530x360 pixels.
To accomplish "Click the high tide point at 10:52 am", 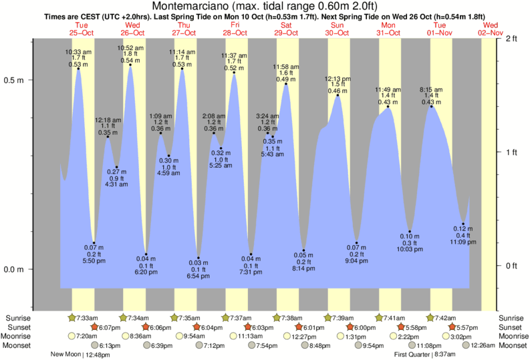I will (130, 65).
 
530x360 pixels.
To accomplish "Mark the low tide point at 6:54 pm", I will (198, 258).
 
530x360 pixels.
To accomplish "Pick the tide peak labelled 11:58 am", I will (286, 84).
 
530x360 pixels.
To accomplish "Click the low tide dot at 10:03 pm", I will (410, 232).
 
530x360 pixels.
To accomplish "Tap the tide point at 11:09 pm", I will (463, 224).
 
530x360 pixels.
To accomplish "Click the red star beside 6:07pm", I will (94, 327).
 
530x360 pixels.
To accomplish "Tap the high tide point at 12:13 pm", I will (338, 96).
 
